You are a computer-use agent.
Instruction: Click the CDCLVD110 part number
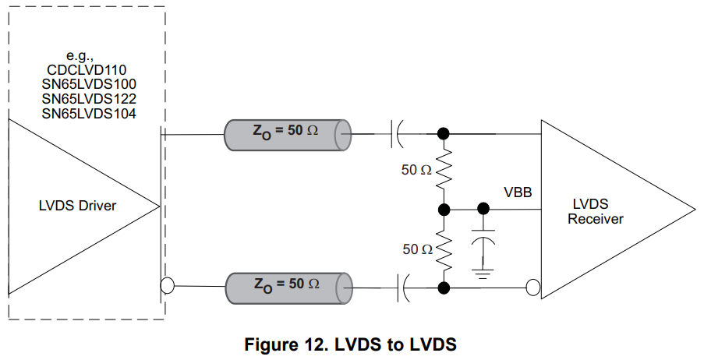pyautogui.click(x=87, y=69)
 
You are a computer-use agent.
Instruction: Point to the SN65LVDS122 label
pyautogui.click(x=87, y=99)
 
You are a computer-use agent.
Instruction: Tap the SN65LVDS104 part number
pyautogui.click(x=87, y=114)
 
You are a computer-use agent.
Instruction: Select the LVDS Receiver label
pyautogui.click(x=595, y=211)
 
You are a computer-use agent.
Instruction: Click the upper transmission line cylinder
pyautogui.click(x=285, y=136)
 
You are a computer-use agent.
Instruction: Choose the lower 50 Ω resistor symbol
pyautogui.click(x=444, y=249)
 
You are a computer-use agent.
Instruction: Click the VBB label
pyautogui.click(x=518, y=191)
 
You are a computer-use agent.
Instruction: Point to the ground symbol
pyautogui.click(x=483, y=271)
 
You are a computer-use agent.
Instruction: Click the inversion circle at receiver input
pyautogui.click(x=533, y=288)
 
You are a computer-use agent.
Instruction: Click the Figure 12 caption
pyautogui.click(x=351, y=344)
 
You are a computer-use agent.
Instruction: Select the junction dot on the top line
pyautogui.click(x=444, y=134)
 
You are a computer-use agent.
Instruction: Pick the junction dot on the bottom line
pyautogui.click(x=444, y=288)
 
